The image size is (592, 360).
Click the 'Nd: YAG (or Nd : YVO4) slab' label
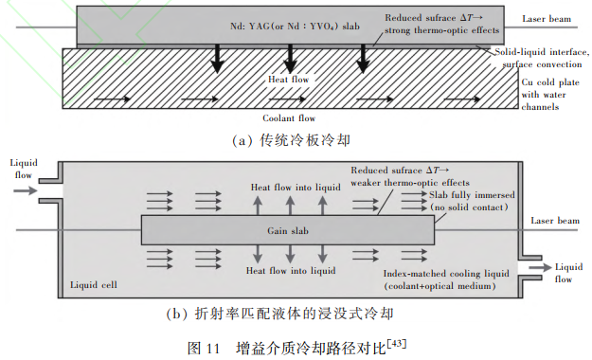coord(295,27)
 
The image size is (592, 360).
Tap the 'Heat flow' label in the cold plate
coord(289,80)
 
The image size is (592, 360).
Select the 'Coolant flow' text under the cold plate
coord(289,118)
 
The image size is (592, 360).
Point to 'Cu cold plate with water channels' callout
coord(550,95)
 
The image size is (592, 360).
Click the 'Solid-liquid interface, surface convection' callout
coord(542,58)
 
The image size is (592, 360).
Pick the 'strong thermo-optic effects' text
coord(441,30)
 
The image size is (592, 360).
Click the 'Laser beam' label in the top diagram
coord(547,19)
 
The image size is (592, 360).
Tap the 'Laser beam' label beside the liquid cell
coord(555,220)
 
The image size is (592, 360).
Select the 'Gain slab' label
coord(288,230)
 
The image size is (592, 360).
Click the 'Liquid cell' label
coord(94,284)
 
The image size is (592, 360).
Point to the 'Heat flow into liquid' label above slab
coord(296,187)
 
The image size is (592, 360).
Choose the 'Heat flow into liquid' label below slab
coord(291,270)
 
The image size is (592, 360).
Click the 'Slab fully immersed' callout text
coord(472,194)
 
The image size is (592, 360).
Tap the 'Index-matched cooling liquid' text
coord(446,273)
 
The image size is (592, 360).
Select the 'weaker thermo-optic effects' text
coord(410,183)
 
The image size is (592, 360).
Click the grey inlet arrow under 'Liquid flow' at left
coord(26,190)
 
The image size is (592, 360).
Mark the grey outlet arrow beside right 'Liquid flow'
coord(540,267)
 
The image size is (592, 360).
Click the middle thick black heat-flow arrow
coord(290,59)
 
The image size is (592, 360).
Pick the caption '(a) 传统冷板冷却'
coord(291,140)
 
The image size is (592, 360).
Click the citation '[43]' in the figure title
coord(397,343)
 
